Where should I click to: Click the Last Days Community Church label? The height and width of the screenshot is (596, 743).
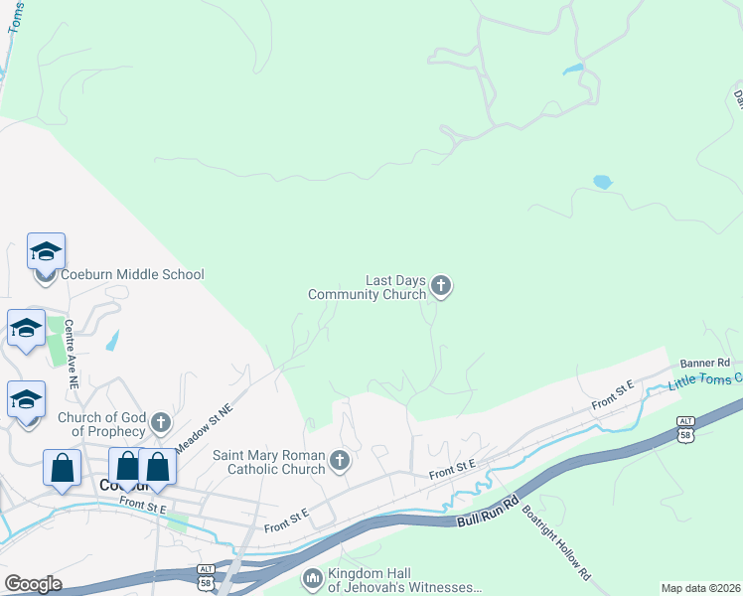pyautogui.click(x=368, y=287)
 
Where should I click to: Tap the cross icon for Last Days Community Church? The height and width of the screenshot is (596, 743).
pyautogui.click(x=441, y=287)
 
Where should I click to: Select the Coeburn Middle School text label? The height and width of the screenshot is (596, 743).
pyautogui.click(x=132, y=274)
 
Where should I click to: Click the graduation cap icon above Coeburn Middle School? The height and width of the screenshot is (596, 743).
pyautogui.click(x=46, y=251)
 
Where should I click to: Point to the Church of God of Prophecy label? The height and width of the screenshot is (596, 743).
pyautogui.click(x=101, y=424)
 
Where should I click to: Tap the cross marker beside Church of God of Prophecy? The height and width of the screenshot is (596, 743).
pyautogui.click(x=159, y=425)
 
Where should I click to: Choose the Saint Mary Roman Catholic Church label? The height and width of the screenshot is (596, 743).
pyautogui.click(x=269, y=462)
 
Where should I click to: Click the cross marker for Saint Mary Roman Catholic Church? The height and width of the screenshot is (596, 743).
pyautogui.click(x=340, y=461)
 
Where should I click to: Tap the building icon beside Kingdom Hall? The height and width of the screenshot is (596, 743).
pyautogui.click(x=312, y=578)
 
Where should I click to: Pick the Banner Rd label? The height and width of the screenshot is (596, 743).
pyautogui.click(x=704, y=364)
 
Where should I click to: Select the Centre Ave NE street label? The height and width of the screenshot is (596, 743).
pyautogui.click(x=71, y=353)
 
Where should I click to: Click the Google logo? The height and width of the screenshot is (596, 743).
pyautogui.click(x=33, y=584)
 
